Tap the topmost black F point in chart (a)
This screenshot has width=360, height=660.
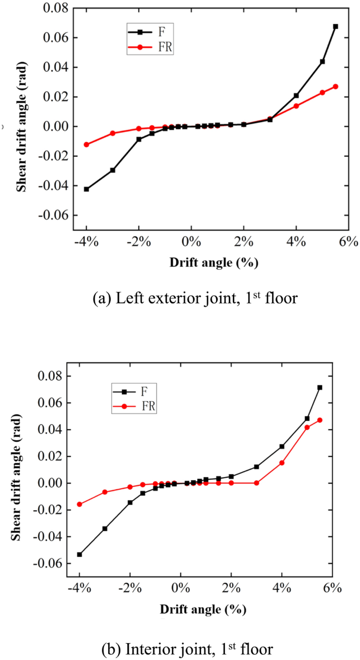pyautogui.click(x=335, y=26)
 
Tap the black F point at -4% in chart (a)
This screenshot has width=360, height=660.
pyautogui.click(x=86, y=189)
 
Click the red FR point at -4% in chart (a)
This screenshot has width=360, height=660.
pyautogui.click(x=86, y=145)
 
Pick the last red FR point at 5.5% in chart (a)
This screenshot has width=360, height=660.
pyautogui.click(x=335, y=86)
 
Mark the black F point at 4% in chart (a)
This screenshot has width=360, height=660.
pyautogui.click(x=296, y=96)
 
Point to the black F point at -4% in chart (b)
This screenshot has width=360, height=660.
pyautogui.click(x=79, y=554)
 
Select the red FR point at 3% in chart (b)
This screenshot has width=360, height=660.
pyautogui.click(x=256, y=483)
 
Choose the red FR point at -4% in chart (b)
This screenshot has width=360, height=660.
pyautogui.click(x=79, y=504)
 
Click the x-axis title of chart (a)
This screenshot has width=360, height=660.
pyautogui.click(x=214, y=262)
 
